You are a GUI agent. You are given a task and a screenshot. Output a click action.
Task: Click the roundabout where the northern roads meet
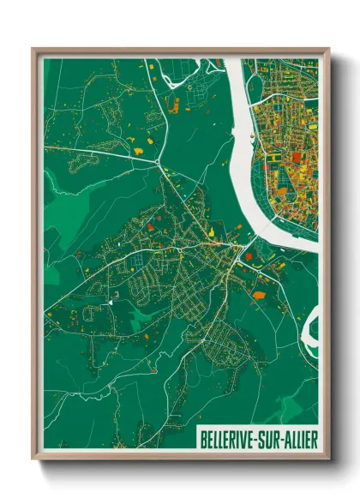(158, 161)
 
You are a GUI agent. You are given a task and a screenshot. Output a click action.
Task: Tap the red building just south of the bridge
(249, 256)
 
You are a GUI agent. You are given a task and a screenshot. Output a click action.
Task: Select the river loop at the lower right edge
(310, 327)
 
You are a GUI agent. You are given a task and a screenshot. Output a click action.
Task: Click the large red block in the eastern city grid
(297, 157)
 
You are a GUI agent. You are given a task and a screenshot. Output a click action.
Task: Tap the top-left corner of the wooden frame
(33, 50)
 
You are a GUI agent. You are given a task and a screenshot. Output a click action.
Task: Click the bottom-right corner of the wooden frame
(328, 459)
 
